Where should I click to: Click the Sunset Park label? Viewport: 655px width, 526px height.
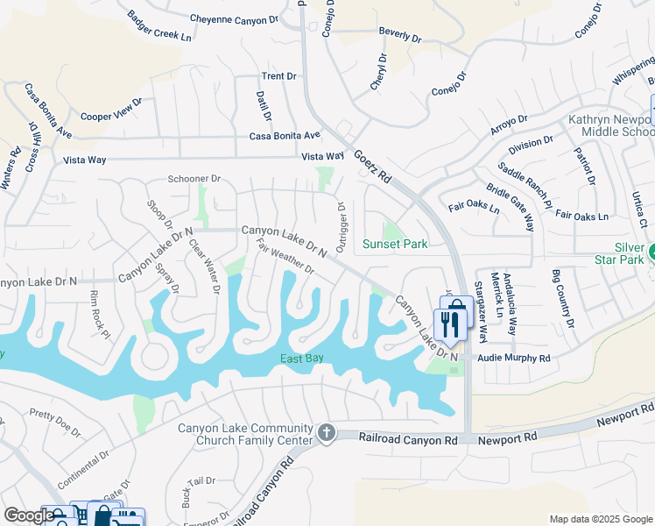396,244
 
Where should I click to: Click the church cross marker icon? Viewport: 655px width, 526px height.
327,432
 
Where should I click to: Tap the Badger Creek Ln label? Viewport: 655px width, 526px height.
158,27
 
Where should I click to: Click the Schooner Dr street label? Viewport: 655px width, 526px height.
194,179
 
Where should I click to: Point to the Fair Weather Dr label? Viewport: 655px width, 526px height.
285,253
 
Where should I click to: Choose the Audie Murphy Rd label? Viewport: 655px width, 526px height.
513,359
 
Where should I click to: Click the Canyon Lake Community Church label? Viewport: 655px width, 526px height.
234,434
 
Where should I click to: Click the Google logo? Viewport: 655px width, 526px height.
29,515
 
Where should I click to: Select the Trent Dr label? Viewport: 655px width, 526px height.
278,76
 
